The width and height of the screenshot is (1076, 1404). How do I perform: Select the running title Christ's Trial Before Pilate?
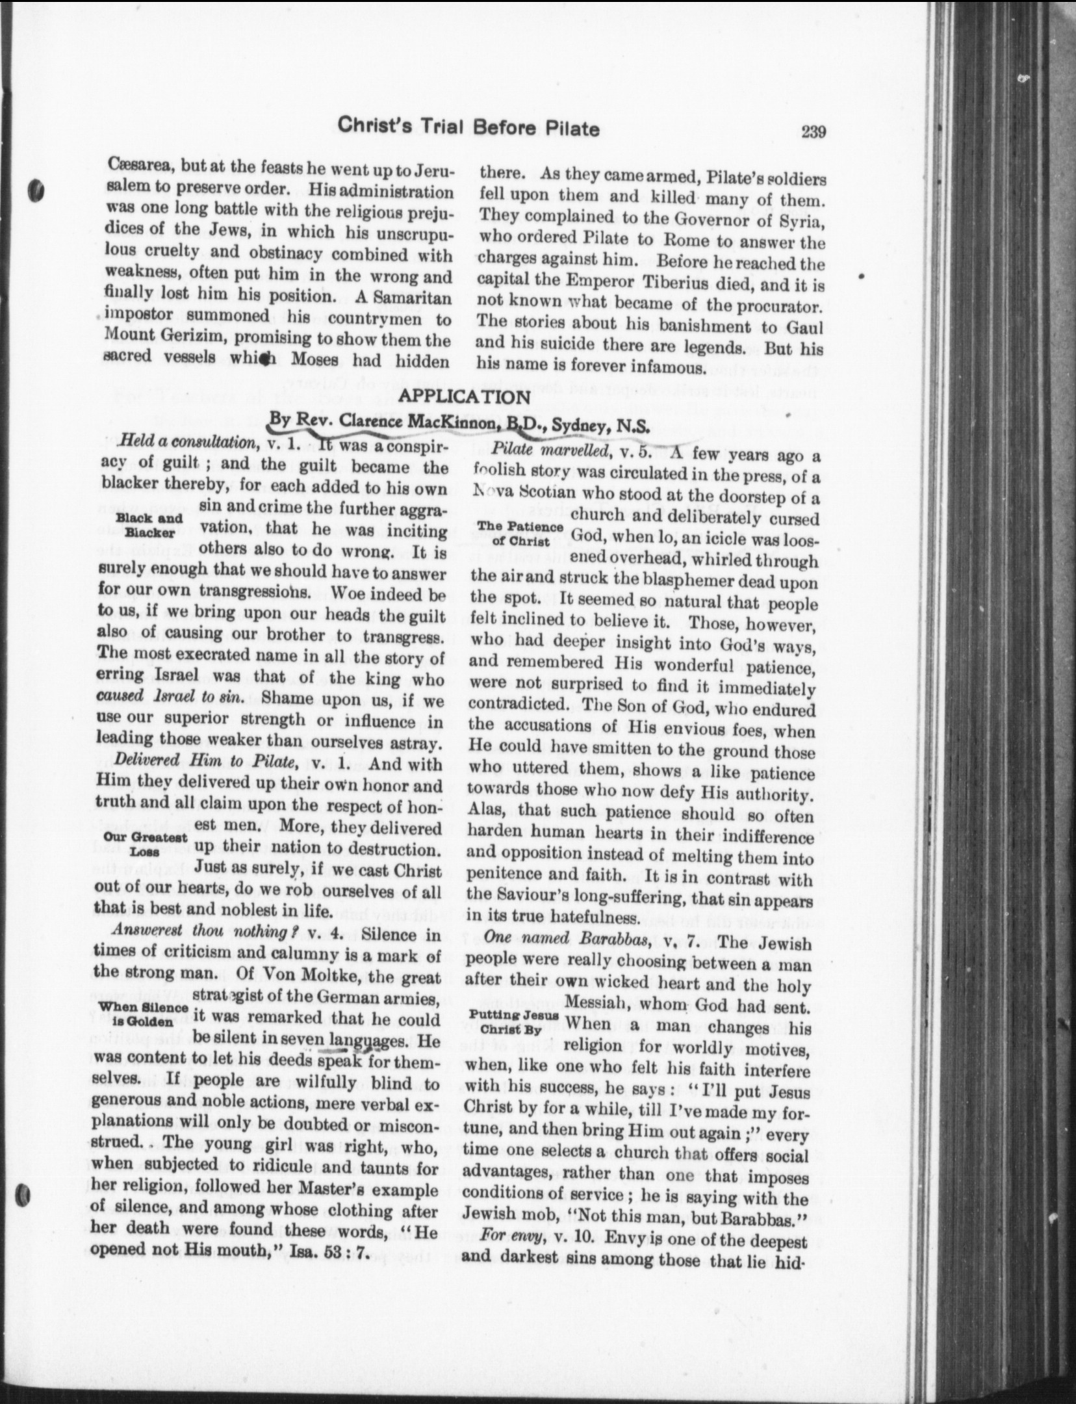pos(468,128)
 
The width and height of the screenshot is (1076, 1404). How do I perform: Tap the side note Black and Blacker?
pos(149,525)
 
